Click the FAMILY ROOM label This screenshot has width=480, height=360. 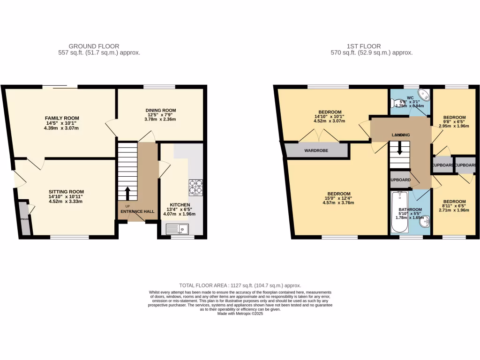click(62, 118)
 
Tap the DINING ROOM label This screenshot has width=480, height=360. click(161, 110)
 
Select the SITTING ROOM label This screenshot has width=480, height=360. click(66, 191)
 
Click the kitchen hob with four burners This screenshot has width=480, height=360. click(195, 187)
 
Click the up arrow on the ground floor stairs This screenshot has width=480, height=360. click(127, 193)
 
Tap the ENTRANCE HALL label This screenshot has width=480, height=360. click(137, 211)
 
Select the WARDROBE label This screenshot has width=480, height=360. click(316, 150)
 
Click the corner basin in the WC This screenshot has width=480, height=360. click(425, 95)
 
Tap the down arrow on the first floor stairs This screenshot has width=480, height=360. click(399, 148)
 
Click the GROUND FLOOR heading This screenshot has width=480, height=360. click(94, 46)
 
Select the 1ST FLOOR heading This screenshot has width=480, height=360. click(364, 46)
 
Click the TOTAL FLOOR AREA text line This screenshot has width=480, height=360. click(240, 285)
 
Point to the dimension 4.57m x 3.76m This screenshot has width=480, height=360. click(338, 202)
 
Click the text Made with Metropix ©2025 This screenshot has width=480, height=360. click(240, 314)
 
